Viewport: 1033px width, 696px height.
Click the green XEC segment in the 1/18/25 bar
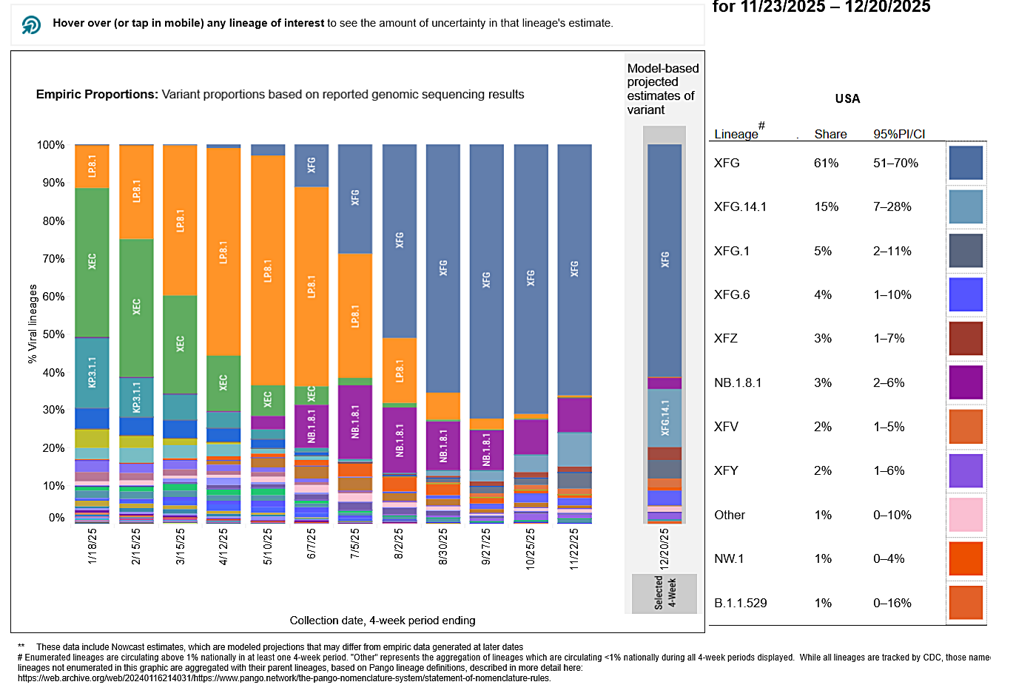pos(92,262)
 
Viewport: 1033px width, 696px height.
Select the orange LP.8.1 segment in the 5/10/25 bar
pos(267,270)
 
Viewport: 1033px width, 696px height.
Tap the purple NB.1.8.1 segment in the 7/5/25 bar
pos(355,422)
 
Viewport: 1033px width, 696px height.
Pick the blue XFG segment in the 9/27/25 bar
pos(486,281)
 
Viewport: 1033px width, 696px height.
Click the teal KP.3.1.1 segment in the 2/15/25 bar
pos(136,397)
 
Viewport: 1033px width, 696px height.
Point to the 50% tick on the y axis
pos(53,334)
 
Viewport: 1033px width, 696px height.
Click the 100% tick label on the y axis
pos(51,145)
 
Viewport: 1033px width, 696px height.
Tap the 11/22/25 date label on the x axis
pos(574,548)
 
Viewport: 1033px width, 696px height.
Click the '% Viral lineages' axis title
pos(33,323)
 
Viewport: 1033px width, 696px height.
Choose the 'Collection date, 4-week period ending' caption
pos(383,621)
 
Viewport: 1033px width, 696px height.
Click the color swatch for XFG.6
pos(966,294)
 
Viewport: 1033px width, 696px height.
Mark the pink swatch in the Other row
pos(966,515)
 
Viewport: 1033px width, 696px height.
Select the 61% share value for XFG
pos(826,163)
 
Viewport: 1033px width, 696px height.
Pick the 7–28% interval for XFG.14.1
pos(892,207)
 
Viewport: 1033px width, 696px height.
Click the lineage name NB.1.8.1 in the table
pos(737,382)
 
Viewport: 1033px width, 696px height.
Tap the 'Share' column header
pos(830,134)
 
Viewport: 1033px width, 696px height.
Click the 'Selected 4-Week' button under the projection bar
pos(664,593)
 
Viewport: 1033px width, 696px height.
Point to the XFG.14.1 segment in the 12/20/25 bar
pos(664,418)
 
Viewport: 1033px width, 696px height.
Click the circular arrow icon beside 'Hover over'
pos(31,25)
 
